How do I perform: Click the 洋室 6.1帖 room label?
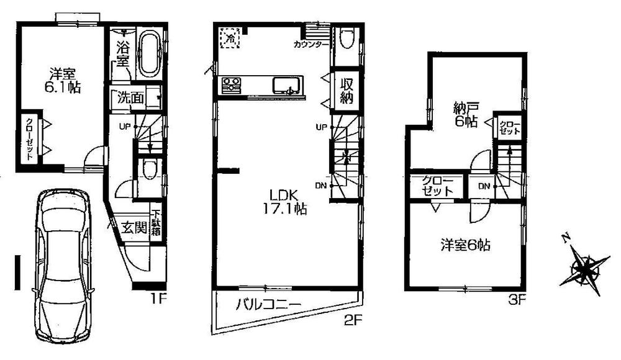pos(60,79)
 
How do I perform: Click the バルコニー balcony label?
pos(268,305)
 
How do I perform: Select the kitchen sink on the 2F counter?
pos(287,84)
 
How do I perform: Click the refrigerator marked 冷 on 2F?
pos(230,38)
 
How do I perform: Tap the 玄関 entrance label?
pos(134,227)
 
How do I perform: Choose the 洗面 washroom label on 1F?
pos(131,97)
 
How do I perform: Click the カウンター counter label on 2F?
pos(311,45)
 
